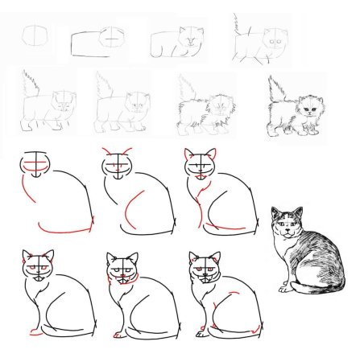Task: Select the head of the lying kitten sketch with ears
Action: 191,37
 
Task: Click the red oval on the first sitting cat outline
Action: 36,166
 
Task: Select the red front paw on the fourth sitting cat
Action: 33,331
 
